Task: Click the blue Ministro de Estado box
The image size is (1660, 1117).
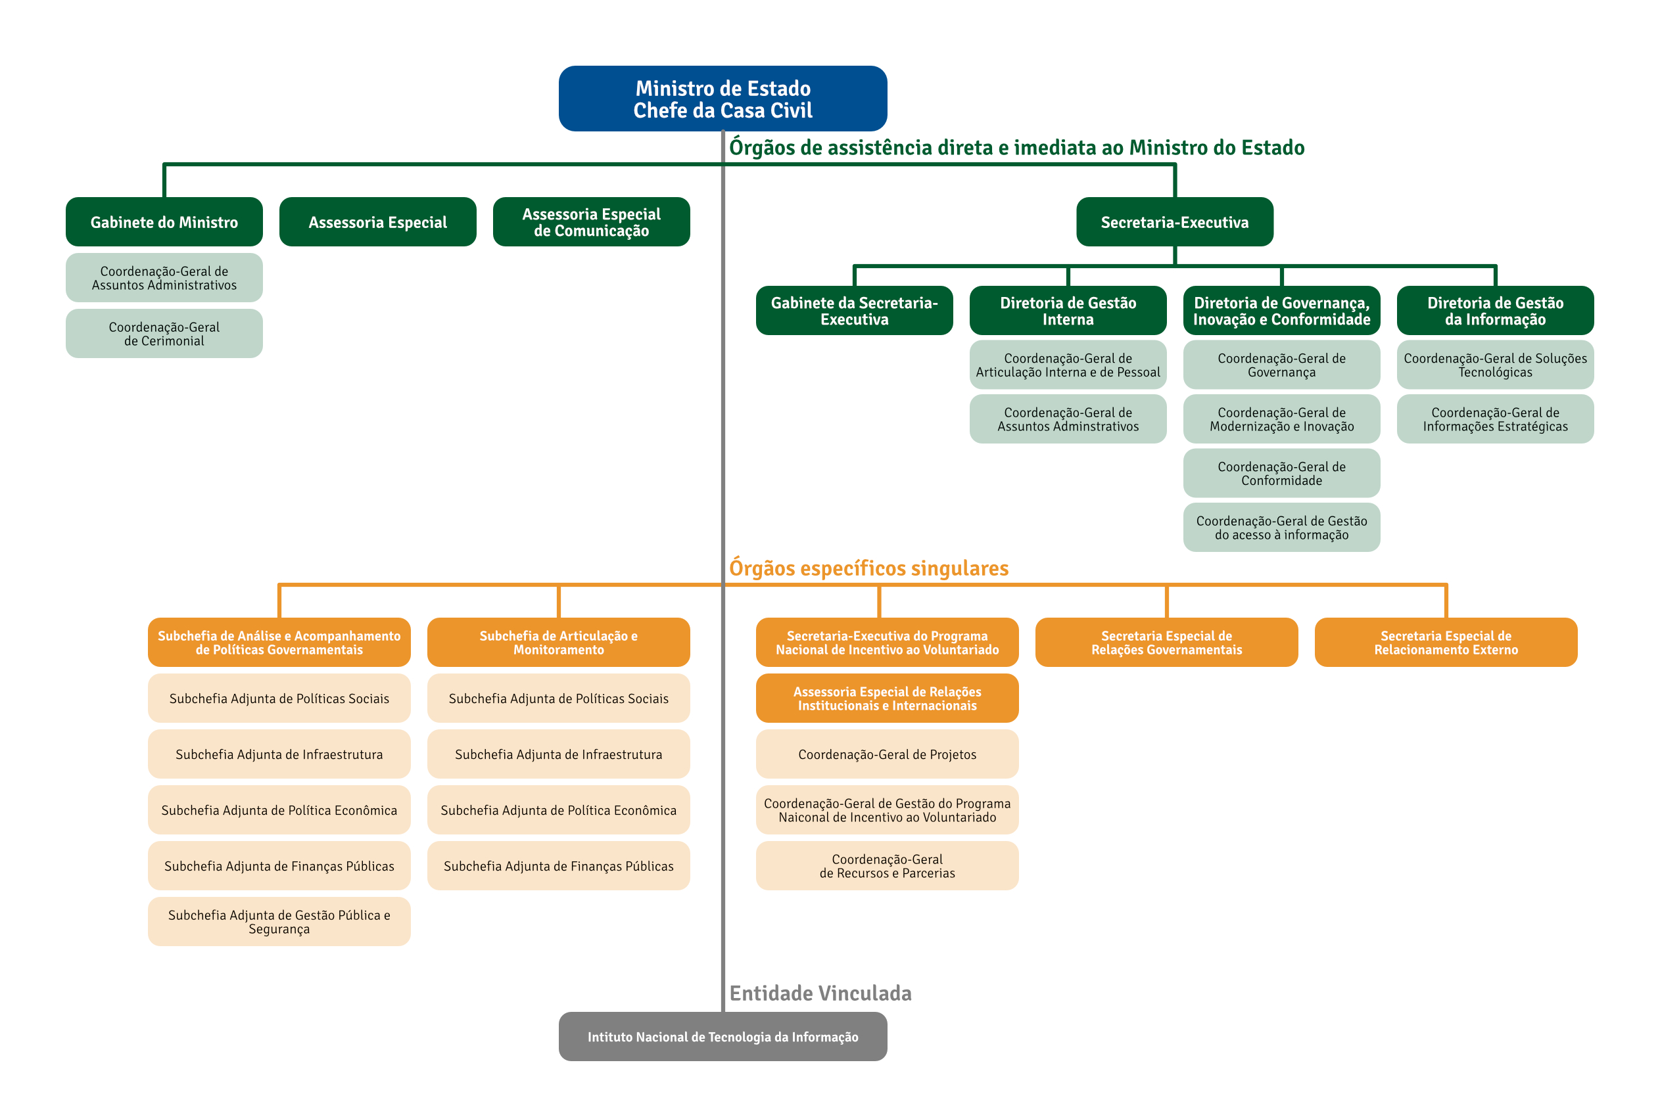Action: pyautogui.click(x=723, y=99)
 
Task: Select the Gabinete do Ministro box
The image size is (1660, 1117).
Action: pyautogui.click(x=164, y=221)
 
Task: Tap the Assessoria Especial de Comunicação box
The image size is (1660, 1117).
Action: pyautogui.click(x=591, y=221)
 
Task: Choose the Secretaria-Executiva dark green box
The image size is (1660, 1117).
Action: pyautogui.click(x=1174, y=221)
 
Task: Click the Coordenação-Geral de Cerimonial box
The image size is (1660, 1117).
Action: pyautogui.click(x=164, y=333)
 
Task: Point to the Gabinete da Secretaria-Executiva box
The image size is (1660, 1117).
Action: pyautogui.click(x=854, y=311)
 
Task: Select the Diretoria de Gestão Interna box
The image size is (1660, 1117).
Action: pyautogui.click(x=1068, y=311)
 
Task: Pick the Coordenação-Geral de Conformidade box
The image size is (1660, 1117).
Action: pyautogui.click(x=1281, y=473)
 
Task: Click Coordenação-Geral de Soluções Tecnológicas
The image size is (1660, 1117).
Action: pyautogui.click(x=1494, y=365)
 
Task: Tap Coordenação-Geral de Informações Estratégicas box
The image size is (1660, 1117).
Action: pyautogui.click(x=1494, y=419)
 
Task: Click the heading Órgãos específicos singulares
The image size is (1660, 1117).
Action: pyautogui.click(x=868, y=568)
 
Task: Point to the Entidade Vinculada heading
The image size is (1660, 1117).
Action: pyautogui.click(x=820, y=992)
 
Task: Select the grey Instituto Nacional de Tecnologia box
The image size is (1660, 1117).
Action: pyautogui.click(x=723, y=1036)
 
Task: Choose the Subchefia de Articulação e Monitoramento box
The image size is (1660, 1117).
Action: pyautogui.click(x=558, y=642)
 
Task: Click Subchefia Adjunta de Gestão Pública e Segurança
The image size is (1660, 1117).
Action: pyautogui.click(x=279, y=921)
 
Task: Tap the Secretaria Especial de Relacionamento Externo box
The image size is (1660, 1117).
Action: pyautogui.click(x=1446, y=642)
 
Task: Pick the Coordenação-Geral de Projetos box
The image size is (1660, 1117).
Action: pyautogui.click(x=887, y=754)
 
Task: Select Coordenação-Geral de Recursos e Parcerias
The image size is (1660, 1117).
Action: pyautogui.click(x=887, y=865)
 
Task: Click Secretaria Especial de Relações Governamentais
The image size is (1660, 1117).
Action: pyautogui.click(x=1166, y=642)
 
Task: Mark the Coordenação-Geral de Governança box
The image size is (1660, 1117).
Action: pyautogui.click(x=1281, y=365)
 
